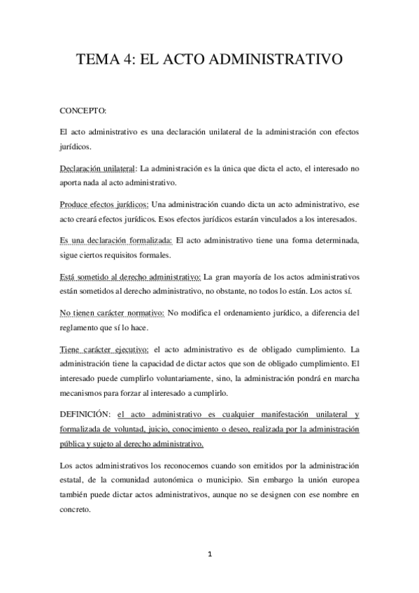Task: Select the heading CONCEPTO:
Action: coord(84,111)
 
